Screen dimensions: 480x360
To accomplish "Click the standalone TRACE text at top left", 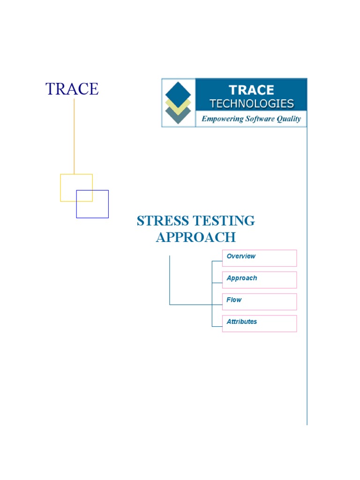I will point(72,89).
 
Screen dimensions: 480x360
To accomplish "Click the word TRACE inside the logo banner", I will point(251,90).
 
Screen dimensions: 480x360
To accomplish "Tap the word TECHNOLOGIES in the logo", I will point(251,104).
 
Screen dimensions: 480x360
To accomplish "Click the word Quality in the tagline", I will point(289,119).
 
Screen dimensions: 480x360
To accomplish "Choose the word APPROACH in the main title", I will point(195,237).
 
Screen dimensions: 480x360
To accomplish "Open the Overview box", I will point(259,258).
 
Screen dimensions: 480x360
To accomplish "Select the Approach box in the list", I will point(259,280).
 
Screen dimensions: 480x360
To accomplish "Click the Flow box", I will point(259,301).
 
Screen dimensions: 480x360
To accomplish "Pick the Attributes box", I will point(259,323).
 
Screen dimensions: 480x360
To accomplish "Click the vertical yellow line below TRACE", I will point(74,136).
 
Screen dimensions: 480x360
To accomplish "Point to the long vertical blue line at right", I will point(307,281).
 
